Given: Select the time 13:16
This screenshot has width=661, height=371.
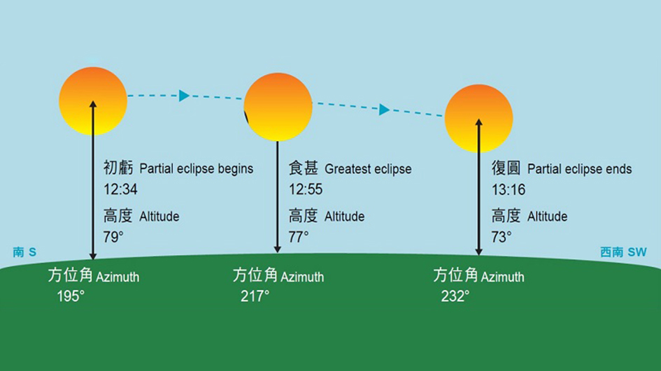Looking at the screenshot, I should [508, 189].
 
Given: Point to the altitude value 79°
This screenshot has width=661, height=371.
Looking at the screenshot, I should [113, 237].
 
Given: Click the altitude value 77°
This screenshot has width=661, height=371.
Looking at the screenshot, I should [298, 237].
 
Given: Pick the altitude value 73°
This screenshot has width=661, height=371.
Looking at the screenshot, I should [502, 237].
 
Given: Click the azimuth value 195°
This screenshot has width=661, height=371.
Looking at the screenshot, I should [71, 296].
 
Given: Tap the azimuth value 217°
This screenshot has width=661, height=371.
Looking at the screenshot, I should [255, 296].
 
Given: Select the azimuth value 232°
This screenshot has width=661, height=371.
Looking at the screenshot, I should [455, 296].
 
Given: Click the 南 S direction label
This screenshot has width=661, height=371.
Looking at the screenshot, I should [24, 252].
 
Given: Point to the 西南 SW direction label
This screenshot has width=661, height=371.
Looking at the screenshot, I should [623, 252].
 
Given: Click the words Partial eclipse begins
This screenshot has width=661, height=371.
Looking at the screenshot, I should [196, 169].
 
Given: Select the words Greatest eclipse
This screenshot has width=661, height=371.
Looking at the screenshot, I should [368, 169].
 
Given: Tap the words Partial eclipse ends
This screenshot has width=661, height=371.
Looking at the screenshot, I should [579, 169].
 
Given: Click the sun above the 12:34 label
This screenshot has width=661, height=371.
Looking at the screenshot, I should [93, 101].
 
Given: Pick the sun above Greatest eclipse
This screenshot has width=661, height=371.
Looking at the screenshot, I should [278, 107].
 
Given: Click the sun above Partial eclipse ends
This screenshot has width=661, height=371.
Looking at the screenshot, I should [478, 119].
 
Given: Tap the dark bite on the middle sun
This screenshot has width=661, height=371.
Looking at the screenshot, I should [246, 117].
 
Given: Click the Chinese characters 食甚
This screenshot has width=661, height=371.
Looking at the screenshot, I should [304, 168].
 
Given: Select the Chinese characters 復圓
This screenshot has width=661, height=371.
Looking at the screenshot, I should [506, 168].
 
